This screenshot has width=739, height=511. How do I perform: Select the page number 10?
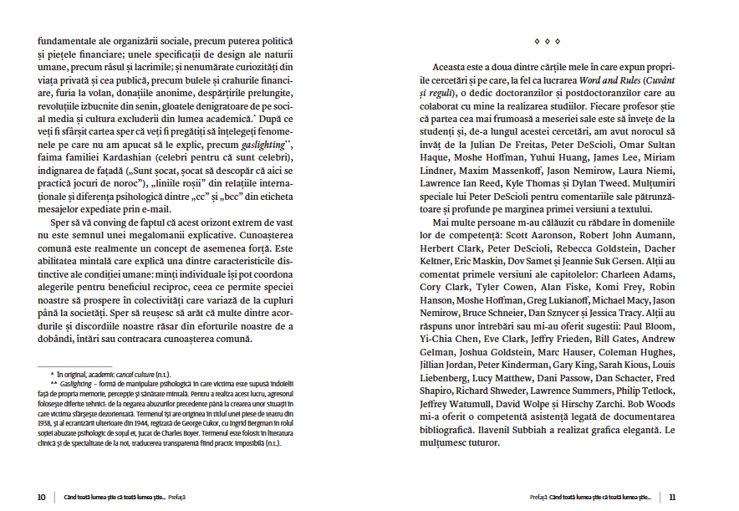point(41,497)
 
